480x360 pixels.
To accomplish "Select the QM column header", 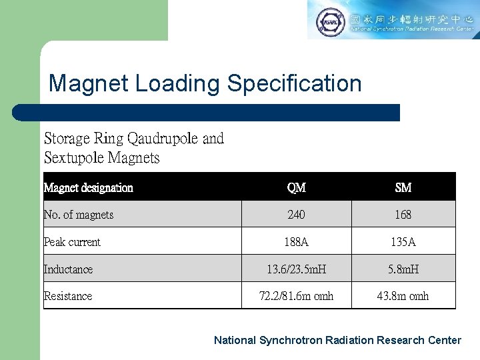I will [296, 188].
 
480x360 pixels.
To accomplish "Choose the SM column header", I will [403, 188].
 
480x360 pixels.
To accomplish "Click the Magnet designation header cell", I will [89, 188].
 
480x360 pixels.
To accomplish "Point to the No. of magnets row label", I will [78, 215].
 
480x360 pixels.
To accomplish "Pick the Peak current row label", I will [72, 242].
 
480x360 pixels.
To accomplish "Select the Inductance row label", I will [68, 269].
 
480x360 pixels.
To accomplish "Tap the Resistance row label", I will [68, 296].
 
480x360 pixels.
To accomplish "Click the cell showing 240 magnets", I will [296, 215].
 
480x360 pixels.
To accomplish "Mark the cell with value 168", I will [403, 215].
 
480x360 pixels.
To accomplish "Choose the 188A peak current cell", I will [296, 242].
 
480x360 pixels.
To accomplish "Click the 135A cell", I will [403, 242].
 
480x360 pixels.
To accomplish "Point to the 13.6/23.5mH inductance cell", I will [296, 269].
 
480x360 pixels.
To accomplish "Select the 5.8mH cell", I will [403, 269].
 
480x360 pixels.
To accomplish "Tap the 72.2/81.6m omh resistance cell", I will [296, 296].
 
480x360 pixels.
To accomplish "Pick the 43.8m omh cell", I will [403, 296].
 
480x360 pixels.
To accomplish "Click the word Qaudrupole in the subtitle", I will [162, 139].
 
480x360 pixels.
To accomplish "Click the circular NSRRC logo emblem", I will [329, 21].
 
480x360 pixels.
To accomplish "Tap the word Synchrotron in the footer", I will [290, 340].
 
